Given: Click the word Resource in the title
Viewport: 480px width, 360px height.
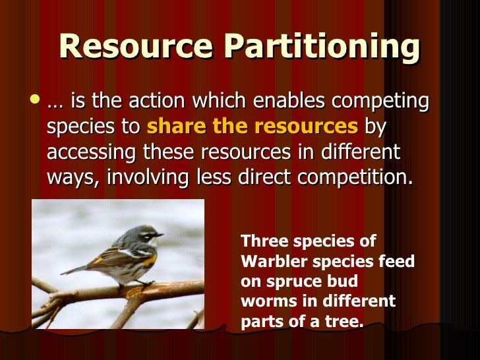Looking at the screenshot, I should pos(135,47).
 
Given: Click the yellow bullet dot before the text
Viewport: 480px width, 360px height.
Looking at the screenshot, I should pos(35,100).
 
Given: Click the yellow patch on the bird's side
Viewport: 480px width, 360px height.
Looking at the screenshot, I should pos(150,259).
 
